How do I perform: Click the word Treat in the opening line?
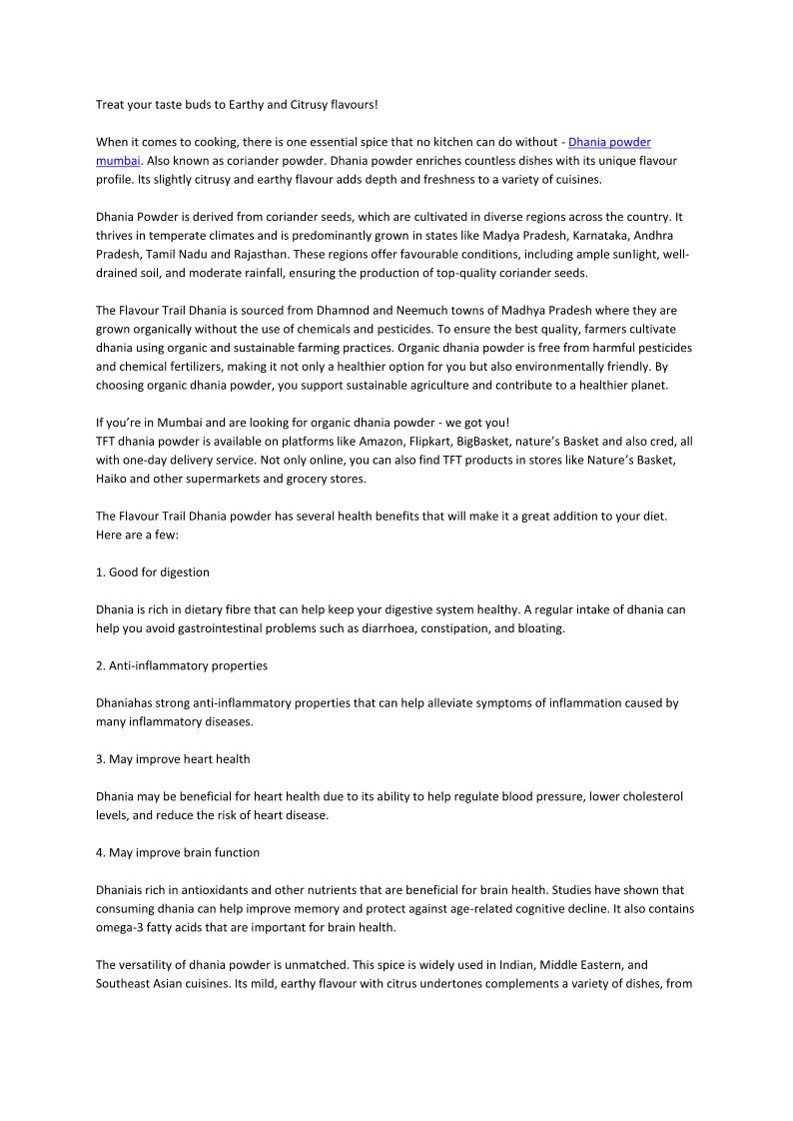(111, 104)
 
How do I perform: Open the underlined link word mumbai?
(118, 160)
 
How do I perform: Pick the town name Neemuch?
(412, 310)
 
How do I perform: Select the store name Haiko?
(113, 479)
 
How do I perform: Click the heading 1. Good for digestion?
(152, 572)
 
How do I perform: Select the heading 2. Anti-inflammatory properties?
(181, 665)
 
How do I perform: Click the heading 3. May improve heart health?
(172, 759)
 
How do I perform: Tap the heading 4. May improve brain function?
(177, 852)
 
